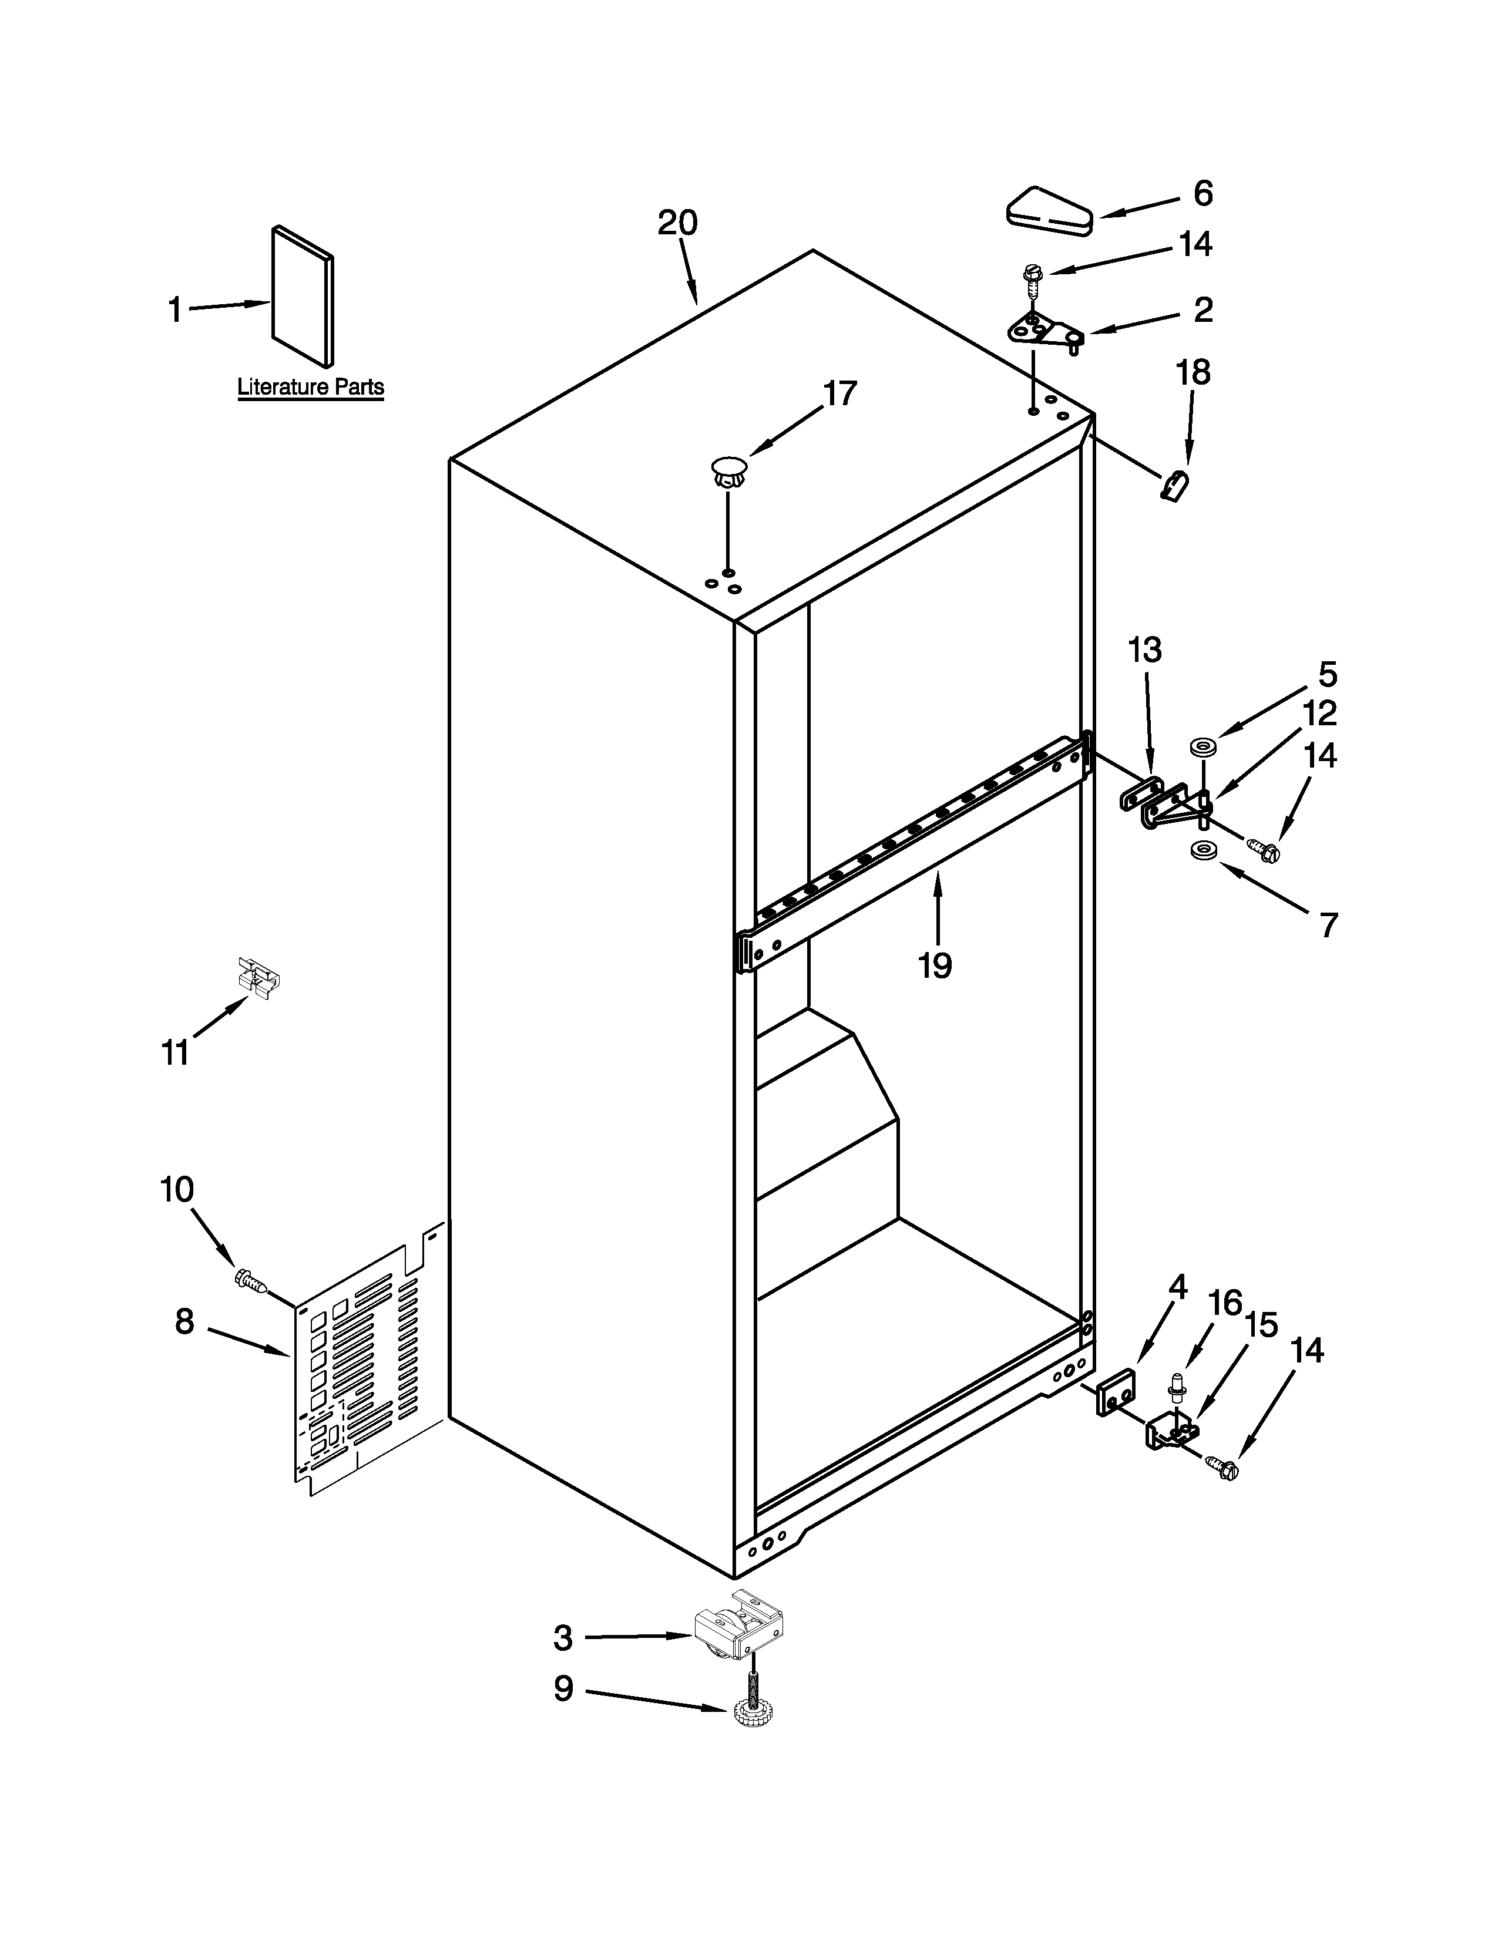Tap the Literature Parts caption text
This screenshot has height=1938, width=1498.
311,387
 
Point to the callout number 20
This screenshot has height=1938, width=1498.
677,223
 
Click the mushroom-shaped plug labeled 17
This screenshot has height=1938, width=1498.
728,471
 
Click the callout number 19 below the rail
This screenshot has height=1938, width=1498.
935,964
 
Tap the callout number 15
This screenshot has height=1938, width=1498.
1260,1325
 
